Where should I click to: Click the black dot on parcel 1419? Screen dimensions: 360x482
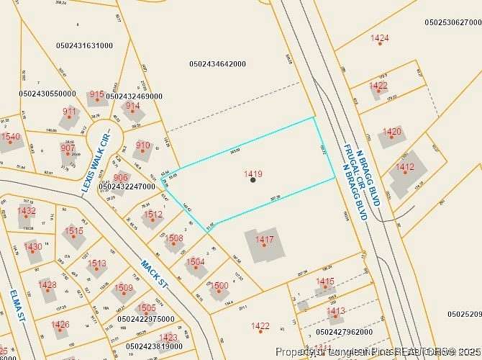tap(253, 180)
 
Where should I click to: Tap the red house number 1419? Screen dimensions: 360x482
tap(253, 174)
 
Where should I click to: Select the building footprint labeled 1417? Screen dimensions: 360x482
tap(265, 245)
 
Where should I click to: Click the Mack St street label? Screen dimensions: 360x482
tap(155, 274)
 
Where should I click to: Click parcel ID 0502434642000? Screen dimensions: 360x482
tap(217, 64)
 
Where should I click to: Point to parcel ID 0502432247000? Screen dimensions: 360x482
tap(127, 186)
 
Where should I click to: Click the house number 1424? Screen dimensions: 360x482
tap(379, 37)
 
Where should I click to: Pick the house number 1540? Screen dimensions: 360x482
tap(10, 137)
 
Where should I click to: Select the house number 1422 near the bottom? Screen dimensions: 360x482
tap(260, 326)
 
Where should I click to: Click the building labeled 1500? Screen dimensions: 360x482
tap(219, 287)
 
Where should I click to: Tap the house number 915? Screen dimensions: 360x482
tap(97, 94)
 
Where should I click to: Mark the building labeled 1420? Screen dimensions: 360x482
tap(393, 135)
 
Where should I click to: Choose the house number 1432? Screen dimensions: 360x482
tap(27, 211)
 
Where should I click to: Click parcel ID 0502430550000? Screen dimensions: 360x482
tap(47, 94)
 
